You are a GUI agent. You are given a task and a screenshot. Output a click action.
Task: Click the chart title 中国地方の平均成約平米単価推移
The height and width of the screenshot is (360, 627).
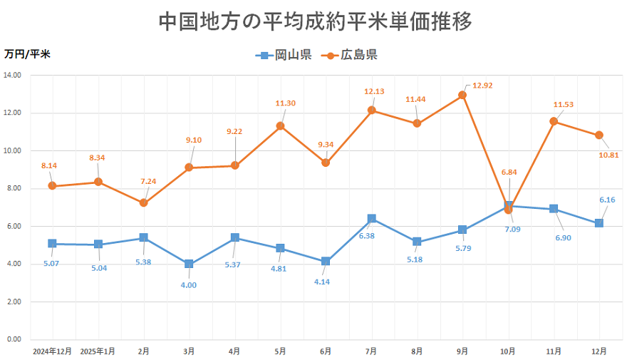tap(313, 21)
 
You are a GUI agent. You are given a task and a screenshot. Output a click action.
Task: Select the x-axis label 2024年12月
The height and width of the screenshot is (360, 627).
tap(52, 351)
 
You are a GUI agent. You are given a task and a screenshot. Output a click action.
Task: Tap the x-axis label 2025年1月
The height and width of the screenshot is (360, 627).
tap(98, 351)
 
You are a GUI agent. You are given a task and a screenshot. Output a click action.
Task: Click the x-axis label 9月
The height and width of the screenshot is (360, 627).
tap(462, 351)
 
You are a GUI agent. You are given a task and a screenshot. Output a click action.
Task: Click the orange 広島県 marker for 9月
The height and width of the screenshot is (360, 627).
tap(462, 95)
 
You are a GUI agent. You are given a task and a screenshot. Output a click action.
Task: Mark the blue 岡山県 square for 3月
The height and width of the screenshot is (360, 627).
tap(189, 264)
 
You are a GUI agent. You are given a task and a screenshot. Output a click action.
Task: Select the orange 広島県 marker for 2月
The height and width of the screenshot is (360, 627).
tap(143, 202)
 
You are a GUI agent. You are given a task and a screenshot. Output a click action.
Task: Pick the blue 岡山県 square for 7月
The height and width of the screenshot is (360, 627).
tap(371, 219)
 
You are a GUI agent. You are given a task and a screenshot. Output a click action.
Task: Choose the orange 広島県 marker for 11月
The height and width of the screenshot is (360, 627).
tap(554, 121)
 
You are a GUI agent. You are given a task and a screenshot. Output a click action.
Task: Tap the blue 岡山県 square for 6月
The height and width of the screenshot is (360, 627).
tap(326, 261)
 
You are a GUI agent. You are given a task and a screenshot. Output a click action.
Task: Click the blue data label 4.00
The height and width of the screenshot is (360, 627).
tap(189, 285)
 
